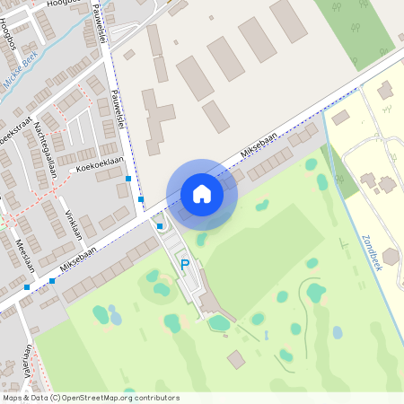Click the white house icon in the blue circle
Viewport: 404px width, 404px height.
tap(202, 193)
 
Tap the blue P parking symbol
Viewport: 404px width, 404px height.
tap(185, 264)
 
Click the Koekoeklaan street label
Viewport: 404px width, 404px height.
tap(98, 167)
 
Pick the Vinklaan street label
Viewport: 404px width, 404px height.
tap(74, 223)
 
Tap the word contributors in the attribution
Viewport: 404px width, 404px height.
tap(154, 397)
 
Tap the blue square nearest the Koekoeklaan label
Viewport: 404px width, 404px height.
tap(129, 179)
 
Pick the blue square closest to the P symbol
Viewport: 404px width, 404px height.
tap(160, 226)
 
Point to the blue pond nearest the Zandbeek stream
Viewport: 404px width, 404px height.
tap(338, 332)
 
